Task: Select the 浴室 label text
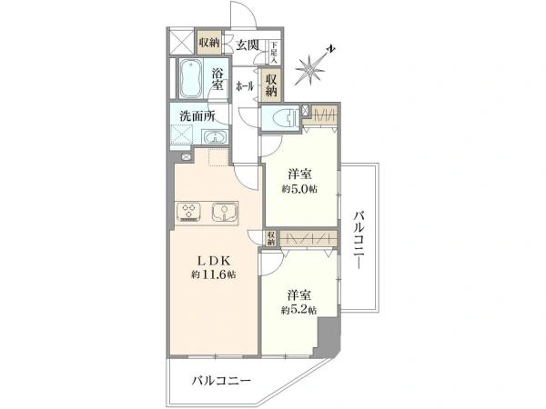218,79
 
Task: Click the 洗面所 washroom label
197,115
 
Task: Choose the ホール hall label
245,86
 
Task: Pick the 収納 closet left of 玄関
209,42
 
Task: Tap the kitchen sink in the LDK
222,213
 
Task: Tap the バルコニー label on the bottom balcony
220,382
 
